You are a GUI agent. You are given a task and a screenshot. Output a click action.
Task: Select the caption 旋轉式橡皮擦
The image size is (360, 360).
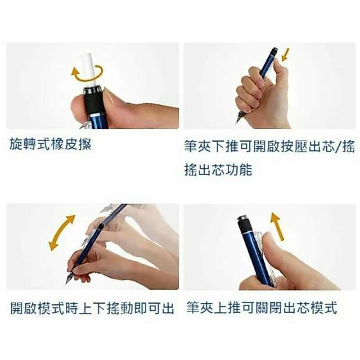pos(50,144)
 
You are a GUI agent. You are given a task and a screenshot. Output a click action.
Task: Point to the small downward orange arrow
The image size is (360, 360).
pos(285,54)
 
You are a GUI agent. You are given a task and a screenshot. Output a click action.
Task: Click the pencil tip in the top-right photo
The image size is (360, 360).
pos(236,122)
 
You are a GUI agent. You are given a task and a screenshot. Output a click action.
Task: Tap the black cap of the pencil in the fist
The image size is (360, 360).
pos(274,51)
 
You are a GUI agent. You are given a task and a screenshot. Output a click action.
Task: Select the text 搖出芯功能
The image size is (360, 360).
pos(218,170)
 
